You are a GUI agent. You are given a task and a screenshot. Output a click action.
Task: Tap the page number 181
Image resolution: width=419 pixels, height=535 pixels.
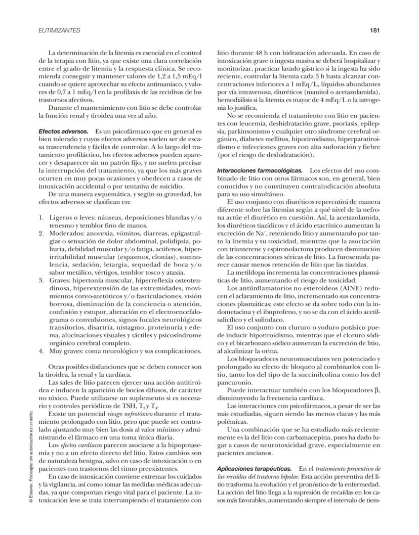[374, 31]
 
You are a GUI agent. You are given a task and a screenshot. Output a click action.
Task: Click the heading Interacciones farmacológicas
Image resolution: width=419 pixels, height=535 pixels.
[260, 170]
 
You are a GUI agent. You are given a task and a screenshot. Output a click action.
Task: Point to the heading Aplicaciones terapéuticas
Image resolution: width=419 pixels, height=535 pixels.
[254, 469]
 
